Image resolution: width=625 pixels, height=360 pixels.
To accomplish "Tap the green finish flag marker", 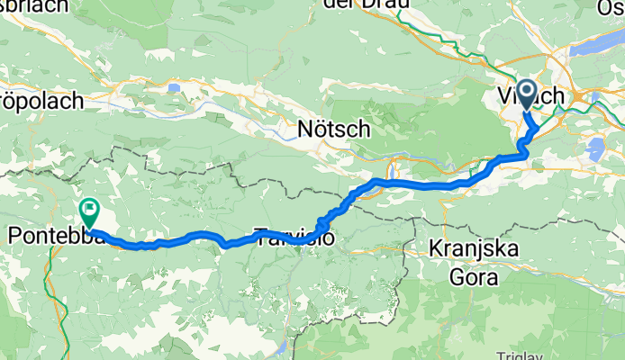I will coord(90,212).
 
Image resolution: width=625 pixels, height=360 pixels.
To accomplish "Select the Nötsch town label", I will coord(333,130).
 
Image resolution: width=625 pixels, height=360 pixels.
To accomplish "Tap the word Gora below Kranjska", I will coord(474,277).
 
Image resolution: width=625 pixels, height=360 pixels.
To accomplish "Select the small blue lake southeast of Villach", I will coord(594,148).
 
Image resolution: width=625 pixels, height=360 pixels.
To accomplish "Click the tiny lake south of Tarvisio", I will coord(282,346).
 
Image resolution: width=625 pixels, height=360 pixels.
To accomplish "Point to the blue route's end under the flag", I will coord(91,231).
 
